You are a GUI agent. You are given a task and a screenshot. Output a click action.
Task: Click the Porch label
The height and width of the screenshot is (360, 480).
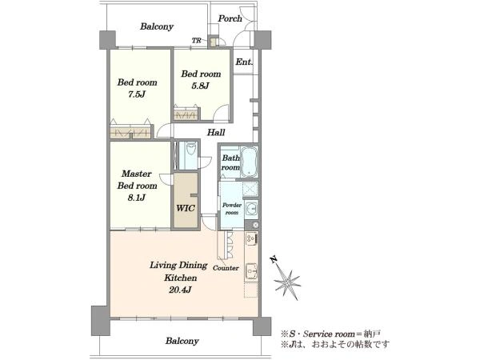pyautogui.click(x=230, y=19)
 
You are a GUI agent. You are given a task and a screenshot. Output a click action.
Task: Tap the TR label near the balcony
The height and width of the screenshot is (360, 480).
pyautogui.click(x=196, y=41)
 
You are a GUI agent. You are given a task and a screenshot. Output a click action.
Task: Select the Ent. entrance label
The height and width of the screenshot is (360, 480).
pyautogui.click(x=244, y=62)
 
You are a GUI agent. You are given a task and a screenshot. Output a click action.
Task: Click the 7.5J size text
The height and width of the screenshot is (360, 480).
pyautogui.click(x=137, y=94)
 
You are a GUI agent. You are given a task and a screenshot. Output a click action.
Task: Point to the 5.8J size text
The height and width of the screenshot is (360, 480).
pyautogui.click(x=200, y=86)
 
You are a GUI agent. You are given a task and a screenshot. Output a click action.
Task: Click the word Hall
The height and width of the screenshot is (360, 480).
pyautogui.click(x=216, y=133)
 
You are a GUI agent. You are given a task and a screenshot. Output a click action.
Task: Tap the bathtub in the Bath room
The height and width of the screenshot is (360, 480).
pyautogui.click(x=249, y=162)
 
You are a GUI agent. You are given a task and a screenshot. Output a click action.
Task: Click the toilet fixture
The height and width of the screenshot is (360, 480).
pyautogui.click(x=190, y=150)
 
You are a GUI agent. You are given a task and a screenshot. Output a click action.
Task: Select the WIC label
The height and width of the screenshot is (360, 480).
pyautogui.click(x=186, y=209)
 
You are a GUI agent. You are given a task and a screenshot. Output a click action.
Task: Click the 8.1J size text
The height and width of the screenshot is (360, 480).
pyautogui.click(x=137, y=198)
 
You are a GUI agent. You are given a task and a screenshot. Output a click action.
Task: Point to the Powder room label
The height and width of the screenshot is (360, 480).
pyautogui.click(x=232, y=209)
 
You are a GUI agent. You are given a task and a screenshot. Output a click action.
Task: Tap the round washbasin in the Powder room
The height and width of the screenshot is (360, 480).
pyautogui.click(x=252, y=210)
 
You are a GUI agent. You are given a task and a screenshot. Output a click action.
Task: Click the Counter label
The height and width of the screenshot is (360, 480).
pyautogui.click(x=226, y=268)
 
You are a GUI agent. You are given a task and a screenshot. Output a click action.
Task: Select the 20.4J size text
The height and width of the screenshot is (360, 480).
pyautogui.click(x=180, y=290)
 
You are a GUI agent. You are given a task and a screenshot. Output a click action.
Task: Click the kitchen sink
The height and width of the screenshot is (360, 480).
pyautogui.click(x=252, y=271)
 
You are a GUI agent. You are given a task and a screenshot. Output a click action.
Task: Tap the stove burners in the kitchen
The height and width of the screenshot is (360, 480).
pyautogui.click(x=251, y=238)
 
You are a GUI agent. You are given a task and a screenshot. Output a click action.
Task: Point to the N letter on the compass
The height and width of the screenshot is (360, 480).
pyautogui.click(x=274, y=260)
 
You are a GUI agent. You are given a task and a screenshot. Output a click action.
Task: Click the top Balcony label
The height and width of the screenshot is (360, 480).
pyautogui.click(x=157, y=26)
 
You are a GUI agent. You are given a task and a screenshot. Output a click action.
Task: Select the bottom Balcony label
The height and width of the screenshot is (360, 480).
pyautogui.click(x=182, y=341)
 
